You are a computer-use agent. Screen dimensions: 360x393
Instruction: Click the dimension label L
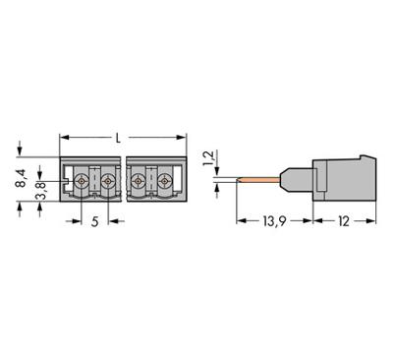coord(119,137)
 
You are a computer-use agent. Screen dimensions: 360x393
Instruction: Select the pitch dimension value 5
coord(94,223)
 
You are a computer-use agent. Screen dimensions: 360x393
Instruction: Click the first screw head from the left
coord(81,180)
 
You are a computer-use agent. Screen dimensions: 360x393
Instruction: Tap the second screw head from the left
coord(107,180)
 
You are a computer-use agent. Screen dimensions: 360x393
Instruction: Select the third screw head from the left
coord(138,180)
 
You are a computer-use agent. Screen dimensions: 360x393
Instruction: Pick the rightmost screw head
coord(164,180)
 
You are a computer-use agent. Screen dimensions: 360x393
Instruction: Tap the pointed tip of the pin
coord(238,180)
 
